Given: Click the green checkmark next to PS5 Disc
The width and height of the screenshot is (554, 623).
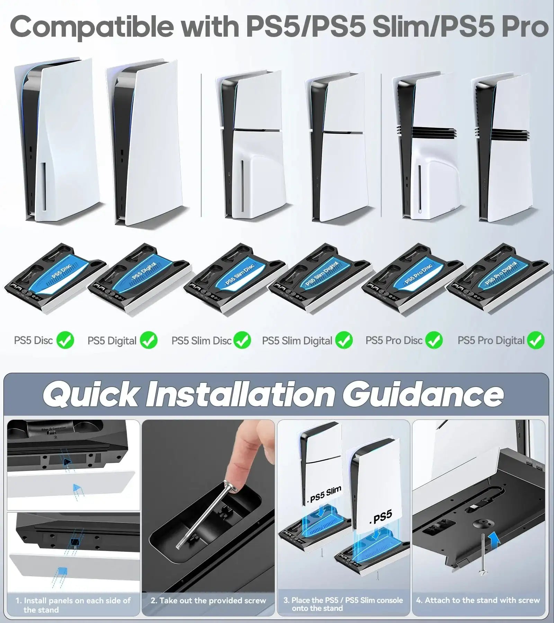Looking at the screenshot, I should (x=65, y=340).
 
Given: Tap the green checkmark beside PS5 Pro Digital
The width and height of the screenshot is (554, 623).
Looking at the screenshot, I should (x=535, y=340).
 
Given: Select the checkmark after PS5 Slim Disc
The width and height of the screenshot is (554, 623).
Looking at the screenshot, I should (x=242, y=340).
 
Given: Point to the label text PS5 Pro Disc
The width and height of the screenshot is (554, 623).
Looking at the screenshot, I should (x=394, y=341).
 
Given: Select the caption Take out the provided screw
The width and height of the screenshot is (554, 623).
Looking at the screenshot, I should (x=208, y=601).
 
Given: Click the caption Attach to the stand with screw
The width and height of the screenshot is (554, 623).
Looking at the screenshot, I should (x=478, y=600).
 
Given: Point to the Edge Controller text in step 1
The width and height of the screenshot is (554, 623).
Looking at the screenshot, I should (x=54, y=429).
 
